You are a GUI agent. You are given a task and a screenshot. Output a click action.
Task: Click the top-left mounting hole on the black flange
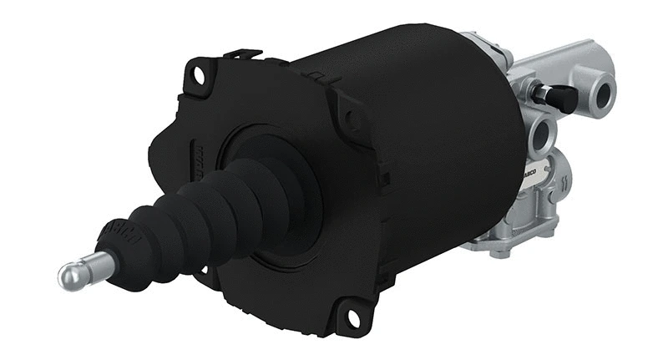(x=199, y=74)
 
